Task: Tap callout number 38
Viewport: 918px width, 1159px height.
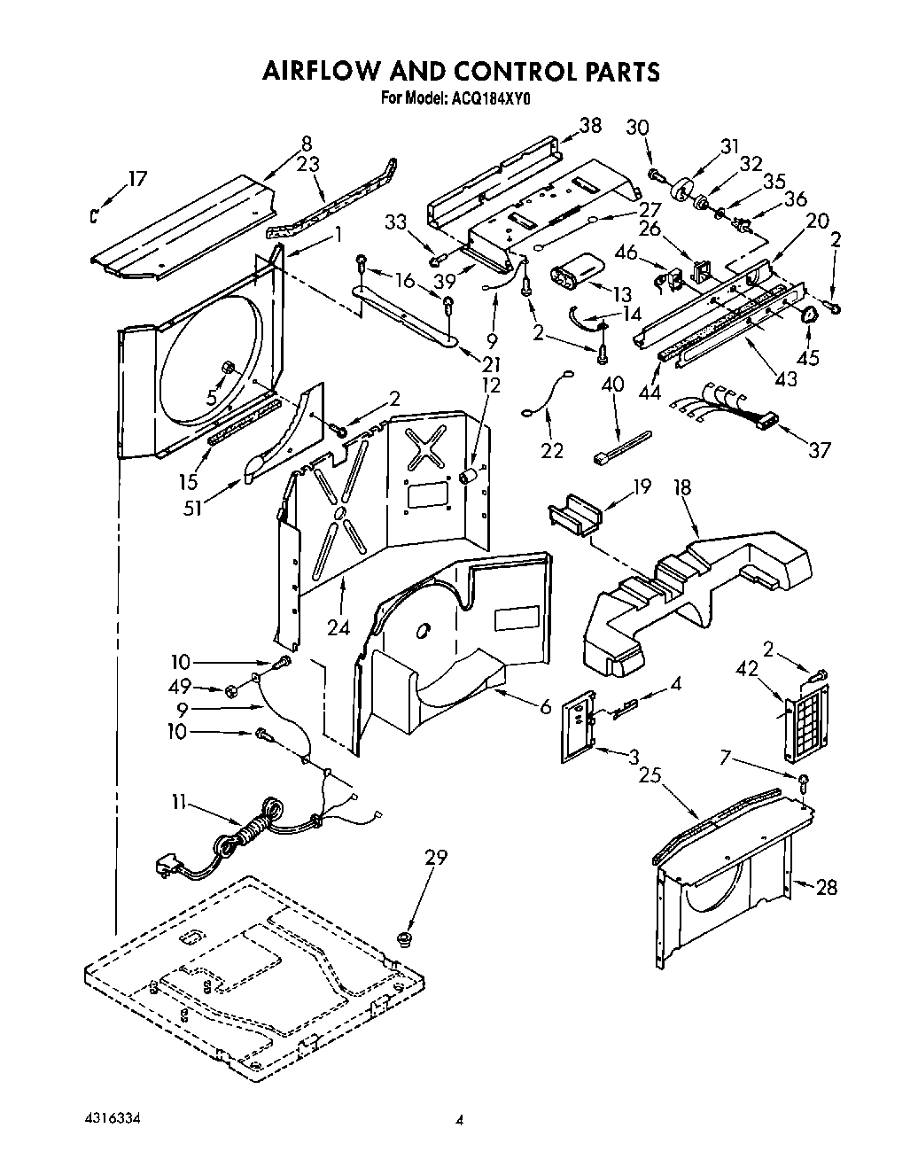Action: (589, 125)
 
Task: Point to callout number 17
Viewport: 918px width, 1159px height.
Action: (136, 178)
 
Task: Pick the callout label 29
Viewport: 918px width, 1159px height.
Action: (436, 857)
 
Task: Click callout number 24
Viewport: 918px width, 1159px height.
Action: (338, 626)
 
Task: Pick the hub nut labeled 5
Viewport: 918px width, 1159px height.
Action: (228, 369)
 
